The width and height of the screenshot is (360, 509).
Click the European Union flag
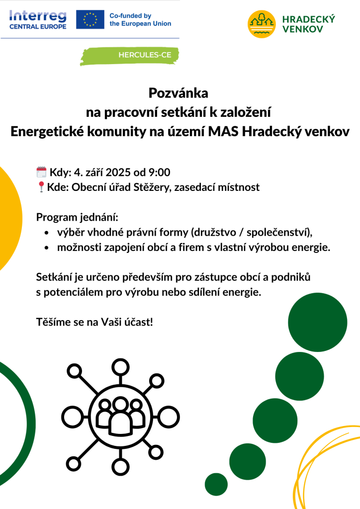click(90, 19)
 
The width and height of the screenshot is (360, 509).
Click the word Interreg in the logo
click(37, 15)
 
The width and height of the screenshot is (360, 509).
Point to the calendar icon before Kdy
click(42, 172)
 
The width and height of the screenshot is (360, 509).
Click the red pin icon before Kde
click(41, 187)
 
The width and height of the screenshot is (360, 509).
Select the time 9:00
click(159, 172)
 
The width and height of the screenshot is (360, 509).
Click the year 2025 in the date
click(118, 172)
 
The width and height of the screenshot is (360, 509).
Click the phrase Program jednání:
click(78, 217)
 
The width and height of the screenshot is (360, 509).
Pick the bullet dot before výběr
click(46, 233)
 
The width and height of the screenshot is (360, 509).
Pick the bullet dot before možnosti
click(46, 248)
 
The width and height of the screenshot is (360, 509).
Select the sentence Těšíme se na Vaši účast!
click(94, 322)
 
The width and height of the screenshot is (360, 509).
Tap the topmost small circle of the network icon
click(119, 366)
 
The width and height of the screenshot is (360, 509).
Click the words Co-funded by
click(130, 16)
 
